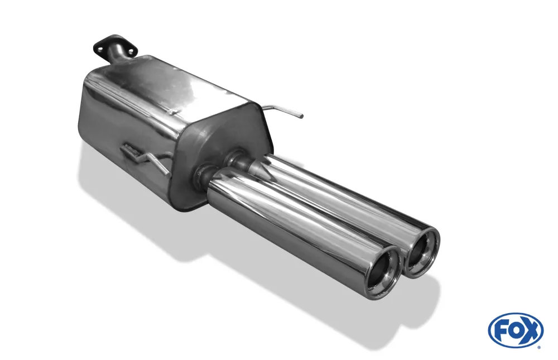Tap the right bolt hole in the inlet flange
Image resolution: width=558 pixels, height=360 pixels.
(x=131, y=51)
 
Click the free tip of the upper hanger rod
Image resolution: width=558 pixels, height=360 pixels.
(x=301, y=117)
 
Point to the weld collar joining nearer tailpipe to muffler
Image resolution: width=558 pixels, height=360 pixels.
(x=201, y=177)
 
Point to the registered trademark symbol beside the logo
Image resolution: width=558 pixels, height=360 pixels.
(x=538, y=347)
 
